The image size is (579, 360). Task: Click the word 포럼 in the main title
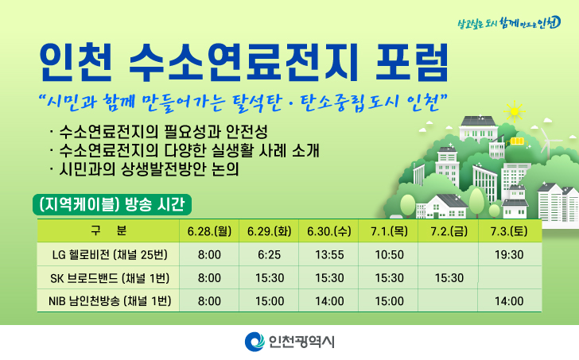[x=412, y=62]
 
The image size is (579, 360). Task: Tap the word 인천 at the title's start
[x=76, y=62]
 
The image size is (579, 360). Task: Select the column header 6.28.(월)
[x=209, y=231]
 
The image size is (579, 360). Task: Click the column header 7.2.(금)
[x=449, y=231]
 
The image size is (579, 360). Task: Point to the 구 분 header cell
[x=108, y=231]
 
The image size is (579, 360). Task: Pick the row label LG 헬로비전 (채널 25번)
[x=110, y=254]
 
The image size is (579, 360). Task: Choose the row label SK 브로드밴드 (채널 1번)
[x=110, y=277]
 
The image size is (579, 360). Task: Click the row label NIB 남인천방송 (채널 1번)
[x=110, y=301]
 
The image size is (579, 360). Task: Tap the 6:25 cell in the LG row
[x=270, y=255]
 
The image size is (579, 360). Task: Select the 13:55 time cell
[x=329, y=255]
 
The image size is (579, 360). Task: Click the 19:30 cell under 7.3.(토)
[x=509, y=255]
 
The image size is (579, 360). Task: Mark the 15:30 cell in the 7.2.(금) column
[x=449, y=278]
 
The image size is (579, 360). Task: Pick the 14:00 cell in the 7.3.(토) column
[x=509, y=301]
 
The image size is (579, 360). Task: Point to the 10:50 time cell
[x=389, y=255]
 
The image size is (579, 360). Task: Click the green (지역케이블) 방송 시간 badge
[x=112, y=204]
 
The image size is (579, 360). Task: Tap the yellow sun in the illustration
[x=514, y=111]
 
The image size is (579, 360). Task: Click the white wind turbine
[x=548, y=143]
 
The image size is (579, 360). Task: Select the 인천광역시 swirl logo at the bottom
[x=255, y=342]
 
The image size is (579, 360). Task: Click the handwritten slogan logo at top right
[x=509, y=23]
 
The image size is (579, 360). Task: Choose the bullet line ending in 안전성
[x=159, y=131]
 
